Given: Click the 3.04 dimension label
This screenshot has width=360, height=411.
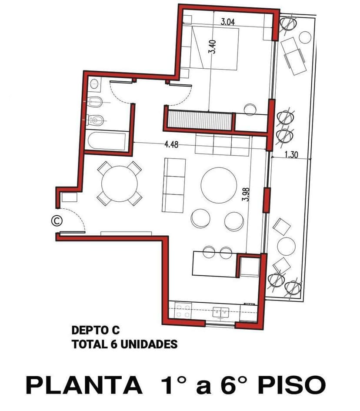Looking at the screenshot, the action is tap(227, 21).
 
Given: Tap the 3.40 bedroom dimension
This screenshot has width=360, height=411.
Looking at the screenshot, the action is tap(212, 47).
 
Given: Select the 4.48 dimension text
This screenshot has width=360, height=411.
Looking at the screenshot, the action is tap(171, 144).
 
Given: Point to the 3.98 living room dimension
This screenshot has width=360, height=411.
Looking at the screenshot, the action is tap(246, 194).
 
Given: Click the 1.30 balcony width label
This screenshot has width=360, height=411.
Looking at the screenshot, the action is tap(291, 155).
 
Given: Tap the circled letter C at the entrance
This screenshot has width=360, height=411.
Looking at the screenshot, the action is tap(57, 221).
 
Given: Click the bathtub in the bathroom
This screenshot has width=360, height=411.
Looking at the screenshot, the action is tap(107, 141).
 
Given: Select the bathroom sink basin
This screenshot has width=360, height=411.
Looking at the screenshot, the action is tap(94, 84).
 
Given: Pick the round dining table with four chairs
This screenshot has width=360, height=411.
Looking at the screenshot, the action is tap(120, 184).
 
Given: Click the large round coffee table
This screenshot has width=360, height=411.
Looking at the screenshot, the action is tap(219, 185).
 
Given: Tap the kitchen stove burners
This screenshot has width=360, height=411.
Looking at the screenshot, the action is tap(183, 311).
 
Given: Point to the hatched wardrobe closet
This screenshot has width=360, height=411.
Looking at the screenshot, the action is tap(200, 120).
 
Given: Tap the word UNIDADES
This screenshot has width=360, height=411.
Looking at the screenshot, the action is tap(149, 344).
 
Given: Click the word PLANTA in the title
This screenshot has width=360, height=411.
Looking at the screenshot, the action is tap(84, 385).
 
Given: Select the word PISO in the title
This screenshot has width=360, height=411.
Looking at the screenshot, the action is tap(292, 385).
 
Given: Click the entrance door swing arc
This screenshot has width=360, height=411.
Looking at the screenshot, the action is tap(78, 215).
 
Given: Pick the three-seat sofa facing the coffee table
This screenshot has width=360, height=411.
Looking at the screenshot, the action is tap(174, 185).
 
